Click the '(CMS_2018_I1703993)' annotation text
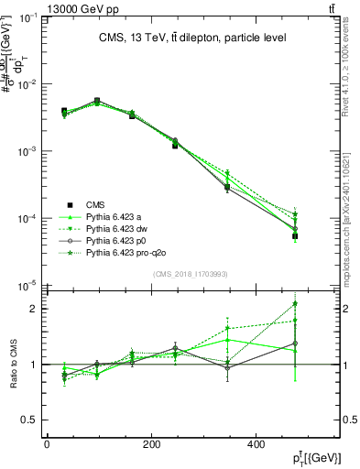pyautogui.click(x=191, y=274)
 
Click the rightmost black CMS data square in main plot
pyautogui.click(x=295, y=236)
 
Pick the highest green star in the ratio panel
pyautogui.click(x=295, y=304)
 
